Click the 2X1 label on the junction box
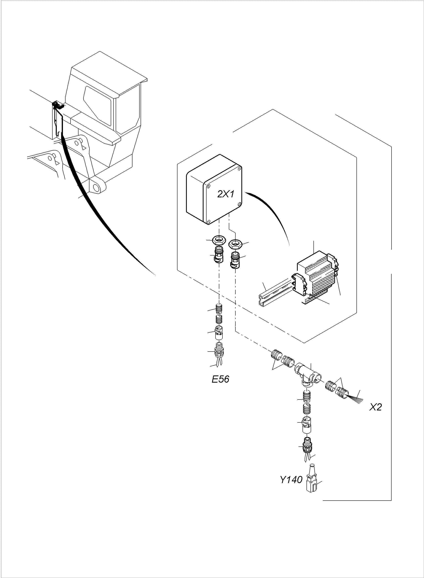click(x=226, y=194)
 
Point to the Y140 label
click(x=291, y=480)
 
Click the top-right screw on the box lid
click(x=239, y=169)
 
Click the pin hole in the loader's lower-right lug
click(x=97, y=188)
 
